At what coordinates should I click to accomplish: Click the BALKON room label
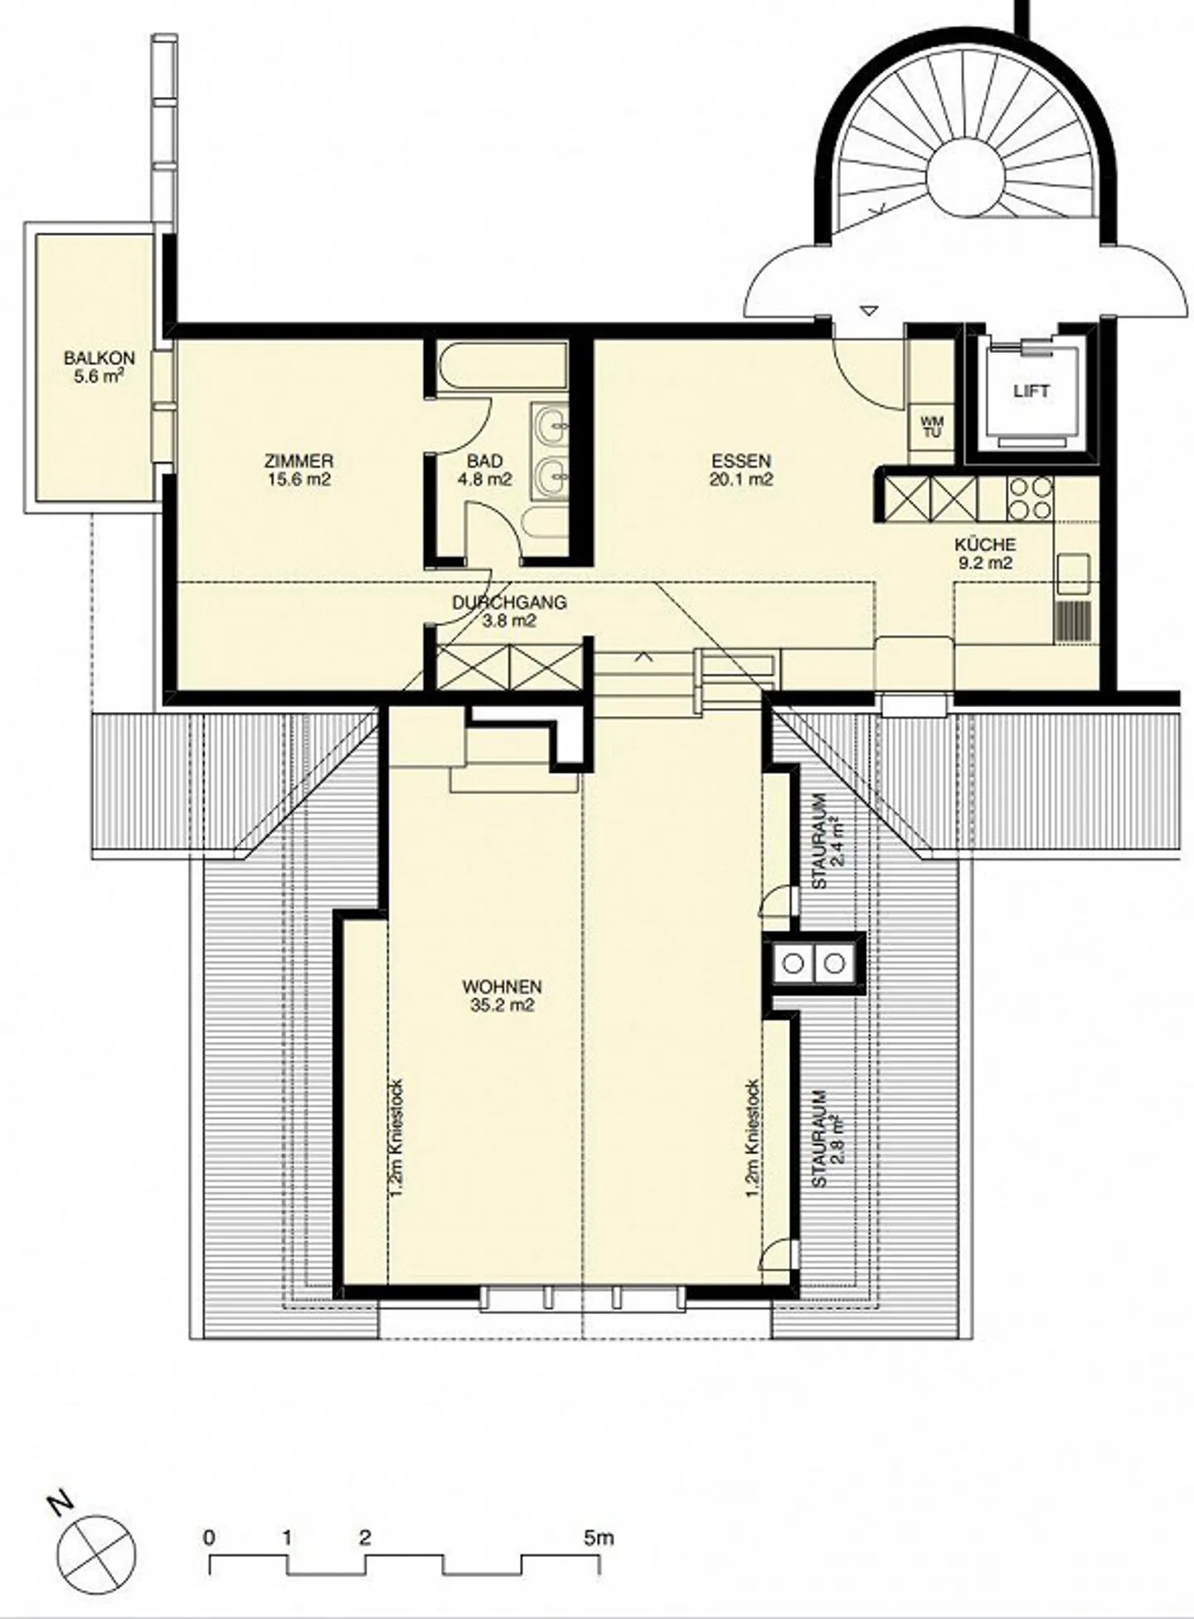(x=99, y=367)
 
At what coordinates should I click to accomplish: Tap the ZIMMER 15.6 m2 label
(x=299, y=469)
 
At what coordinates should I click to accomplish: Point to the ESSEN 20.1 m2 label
(x=741, y=469)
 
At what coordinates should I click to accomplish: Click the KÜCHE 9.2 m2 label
(x=984, y=554)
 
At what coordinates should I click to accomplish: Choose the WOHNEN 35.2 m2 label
(x=502, y=996)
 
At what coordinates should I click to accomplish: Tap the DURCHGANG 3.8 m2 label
(x=509, y=611)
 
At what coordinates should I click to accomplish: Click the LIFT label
(x=1031, y=391)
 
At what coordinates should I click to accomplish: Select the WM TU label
(x=932, y=427)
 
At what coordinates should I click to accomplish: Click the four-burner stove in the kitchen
(x=1029, y=497)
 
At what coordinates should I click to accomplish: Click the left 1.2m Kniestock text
(x=396, y=1136)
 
